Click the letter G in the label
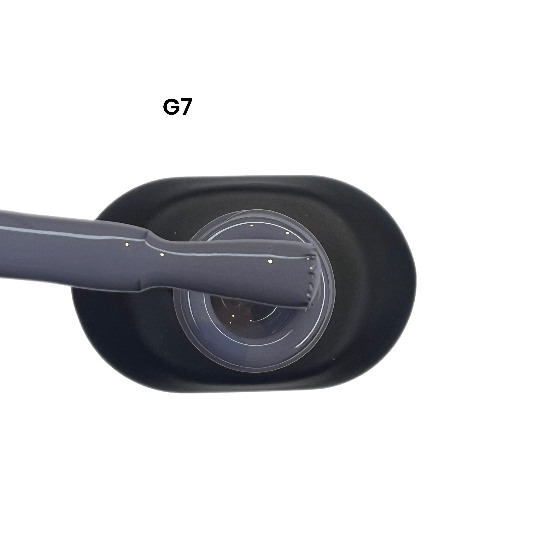pos(171,108)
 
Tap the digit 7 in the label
pos(185,108)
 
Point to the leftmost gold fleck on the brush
pos(127,244)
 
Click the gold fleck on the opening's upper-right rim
pos(288,233)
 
